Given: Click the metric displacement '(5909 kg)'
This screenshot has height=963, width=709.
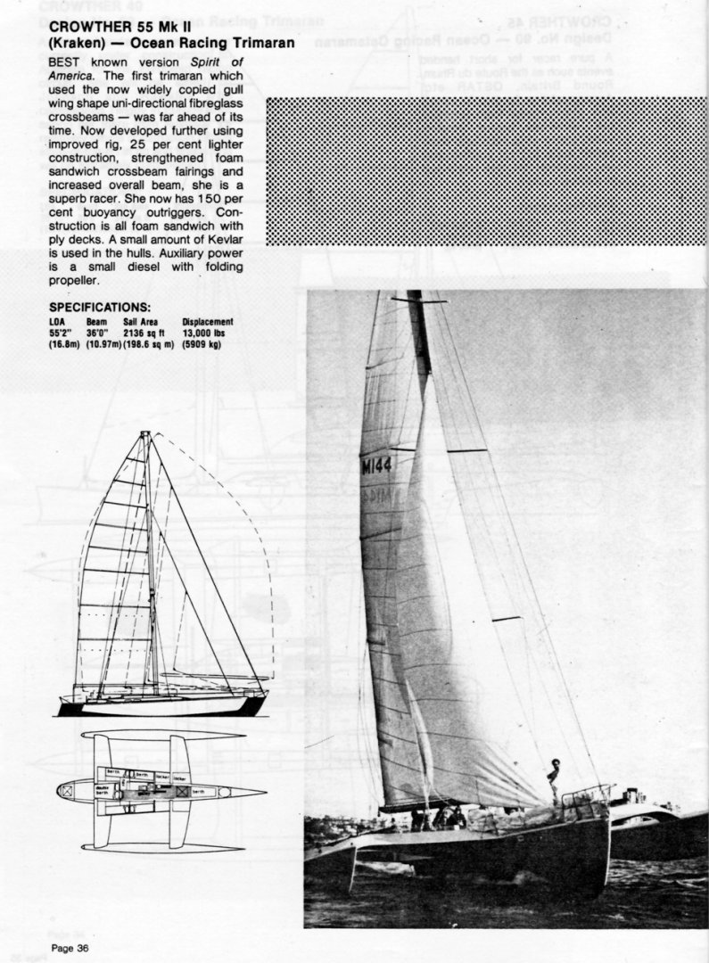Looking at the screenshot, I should pyautogui.click(x=202, y=344).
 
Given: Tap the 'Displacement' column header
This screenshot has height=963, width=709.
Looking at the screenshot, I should pyautogui.click(x=208, y=322).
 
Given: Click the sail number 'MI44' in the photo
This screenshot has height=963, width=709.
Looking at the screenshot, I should pyautogui.click(x=375, y=465).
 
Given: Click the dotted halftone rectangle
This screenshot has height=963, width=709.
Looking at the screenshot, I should pyautogui.click(x=486, y=171).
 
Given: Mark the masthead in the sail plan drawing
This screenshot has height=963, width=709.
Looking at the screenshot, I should pyautogui.click(x=145, y=434).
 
